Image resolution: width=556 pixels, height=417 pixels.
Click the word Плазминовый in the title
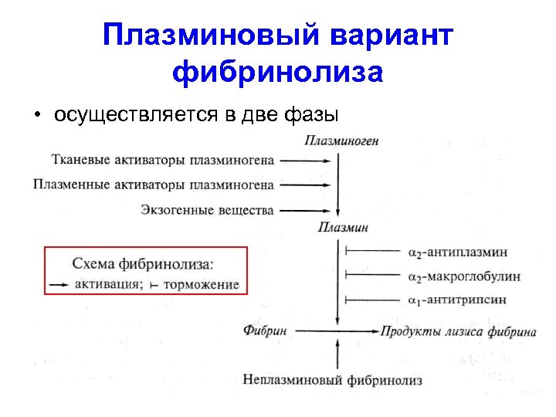point(211,36)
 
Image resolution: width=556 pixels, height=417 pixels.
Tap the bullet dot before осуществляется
point(36,115)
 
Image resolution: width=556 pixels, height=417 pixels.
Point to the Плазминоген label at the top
point(341,141)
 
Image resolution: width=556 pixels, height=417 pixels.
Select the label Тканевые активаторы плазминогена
point(162,161)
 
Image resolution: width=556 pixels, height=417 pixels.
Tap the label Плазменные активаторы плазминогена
point(154,185)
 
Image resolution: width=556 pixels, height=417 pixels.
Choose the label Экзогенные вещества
point(208,209)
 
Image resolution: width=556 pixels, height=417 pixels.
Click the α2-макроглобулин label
point(463,276)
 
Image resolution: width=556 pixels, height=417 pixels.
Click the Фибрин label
point(265,331)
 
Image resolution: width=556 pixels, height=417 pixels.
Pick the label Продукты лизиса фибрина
point(458,332)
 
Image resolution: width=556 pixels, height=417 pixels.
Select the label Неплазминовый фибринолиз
point(332,380)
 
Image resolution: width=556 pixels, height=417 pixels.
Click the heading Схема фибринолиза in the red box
point(143,264)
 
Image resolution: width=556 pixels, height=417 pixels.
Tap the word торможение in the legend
point(201,284)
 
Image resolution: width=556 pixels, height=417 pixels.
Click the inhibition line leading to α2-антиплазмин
point(375,252)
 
